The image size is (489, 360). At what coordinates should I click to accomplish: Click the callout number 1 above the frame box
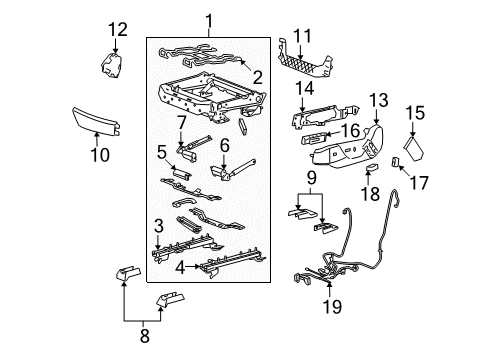pos(209,20)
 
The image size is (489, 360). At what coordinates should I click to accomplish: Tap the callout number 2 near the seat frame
pos(257,77)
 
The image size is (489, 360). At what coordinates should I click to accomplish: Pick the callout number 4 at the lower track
pos(181,267)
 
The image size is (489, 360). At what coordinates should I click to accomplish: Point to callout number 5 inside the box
pos(160,153)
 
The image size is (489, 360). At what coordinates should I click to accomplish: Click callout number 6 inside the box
pos(225,145)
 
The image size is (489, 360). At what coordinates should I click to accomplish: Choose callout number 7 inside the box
pos(181,122)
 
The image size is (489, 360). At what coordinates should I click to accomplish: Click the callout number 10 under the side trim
pos(98,155)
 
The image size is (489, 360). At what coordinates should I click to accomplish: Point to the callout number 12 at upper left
pos(118,29)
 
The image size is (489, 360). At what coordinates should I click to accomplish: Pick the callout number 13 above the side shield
pos(378,100)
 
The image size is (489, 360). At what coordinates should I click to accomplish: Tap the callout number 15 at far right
pos(415,113)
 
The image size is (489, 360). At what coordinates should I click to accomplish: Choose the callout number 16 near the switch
pos(350,130)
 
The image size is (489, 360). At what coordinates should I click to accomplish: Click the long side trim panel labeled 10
pos(96,121)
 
